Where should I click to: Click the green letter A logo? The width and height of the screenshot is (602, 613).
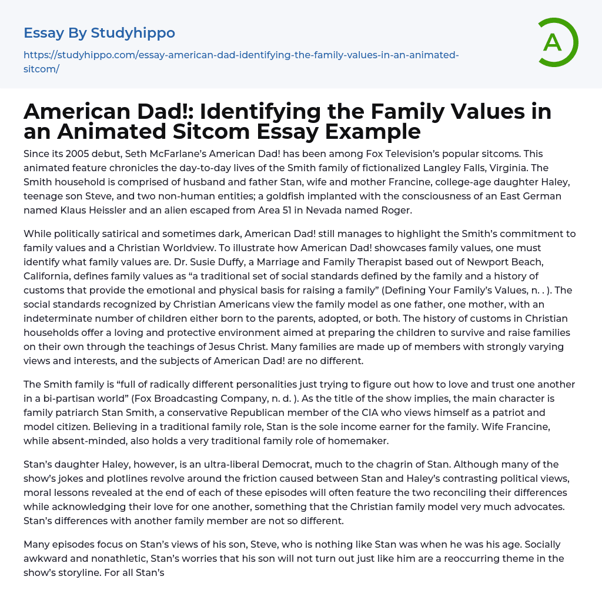coord(553,42)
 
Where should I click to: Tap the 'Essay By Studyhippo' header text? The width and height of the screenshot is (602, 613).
coord(99,33)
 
